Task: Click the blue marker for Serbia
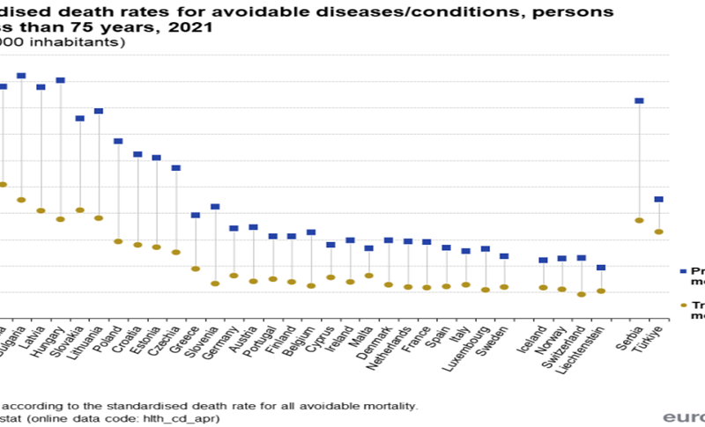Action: pos(639,101)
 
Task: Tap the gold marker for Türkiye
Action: pos(658,232)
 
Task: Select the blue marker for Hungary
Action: pos(61,80)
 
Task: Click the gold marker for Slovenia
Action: pos(215,283)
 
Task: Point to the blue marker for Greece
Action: pos(196,215)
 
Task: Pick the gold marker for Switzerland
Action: pos(582,294)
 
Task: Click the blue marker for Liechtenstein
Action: pos(601,267)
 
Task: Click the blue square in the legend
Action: pos(683,272)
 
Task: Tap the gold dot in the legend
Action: pos(683,306)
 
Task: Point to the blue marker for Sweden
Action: pos(504,256)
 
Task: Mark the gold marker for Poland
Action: pos(118,241)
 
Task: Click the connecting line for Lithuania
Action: pos(99,165)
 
